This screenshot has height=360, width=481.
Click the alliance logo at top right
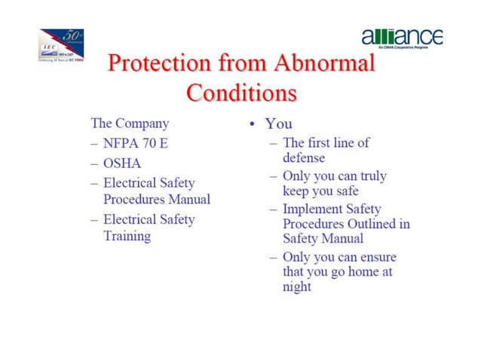[x=402, y=38]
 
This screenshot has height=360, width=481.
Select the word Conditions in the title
[x=240, y=93]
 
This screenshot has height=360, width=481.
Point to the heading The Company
[x=130, y=123]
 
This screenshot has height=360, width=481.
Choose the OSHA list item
[x=122, y=163]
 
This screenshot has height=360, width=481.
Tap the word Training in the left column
[x=127, y=236]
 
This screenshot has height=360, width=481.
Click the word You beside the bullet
[x=278, y=124]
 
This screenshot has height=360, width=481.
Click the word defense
[x=304, y=158]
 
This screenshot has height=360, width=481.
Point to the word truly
[x=371, y=175]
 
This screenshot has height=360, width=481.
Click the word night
[x=297, y=287]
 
